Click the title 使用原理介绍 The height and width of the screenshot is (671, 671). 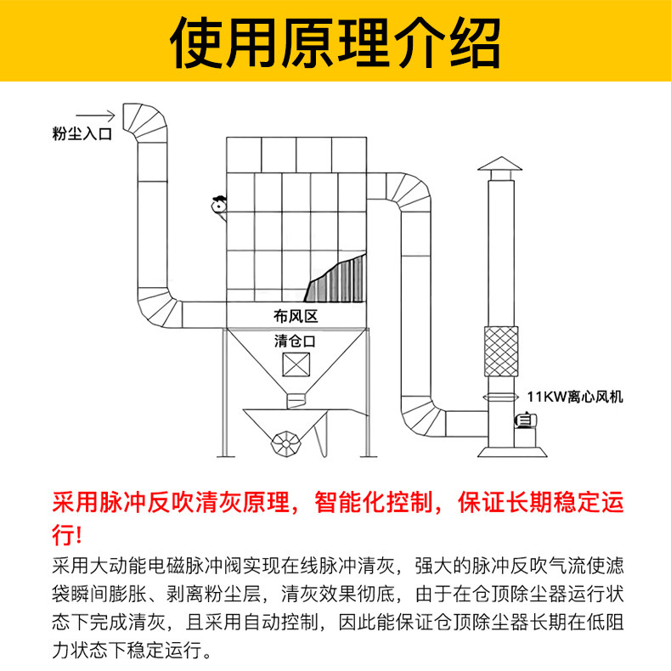(x=335, y=41)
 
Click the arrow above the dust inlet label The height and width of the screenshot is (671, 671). (x=94, y=114)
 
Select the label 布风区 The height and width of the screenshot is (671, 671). (x=296, y=316)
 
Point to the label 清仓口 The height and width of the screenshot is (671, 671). (x=296, y=341)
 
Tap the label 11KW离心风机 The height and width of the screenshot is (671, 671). (x=575, y=396)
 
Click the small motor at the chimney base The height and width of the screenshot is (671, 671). (x=527, y=420)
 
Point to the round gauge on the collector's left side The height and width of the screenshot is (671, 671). (x=219, y=204)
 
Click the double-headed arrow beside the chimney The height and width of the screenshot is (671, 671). (x=498, y=397)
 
